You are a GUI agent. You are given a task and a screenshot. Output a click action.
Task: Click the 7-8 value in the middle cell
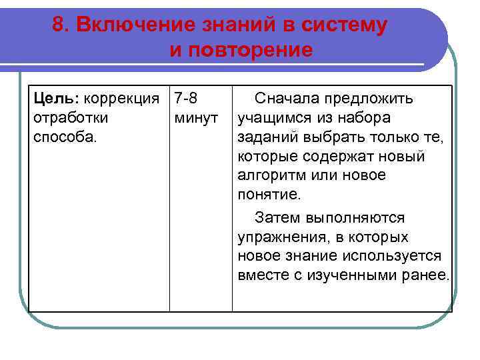pos(185,99)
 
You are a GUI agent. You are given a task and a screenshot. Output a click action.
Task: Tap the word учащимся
pos(272,117)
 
